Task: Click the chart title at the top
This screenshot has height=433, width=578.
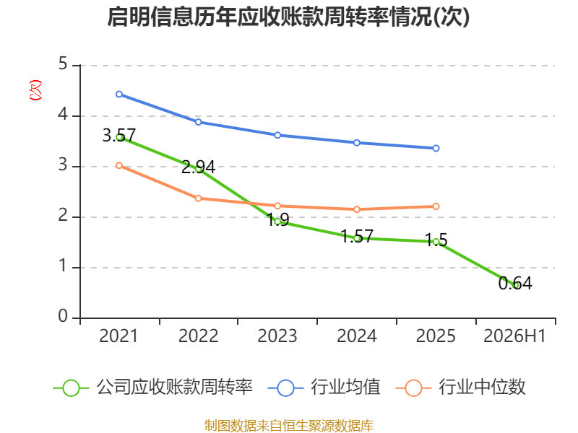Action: pyautogui.click(x=288, y=17)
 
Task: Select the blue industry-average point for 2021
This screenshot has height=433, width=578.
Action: pyautogui.click(x=119, y=95)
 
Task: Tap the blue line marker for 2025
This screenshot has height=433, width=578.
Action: pyautogui.click(x=436, y=148)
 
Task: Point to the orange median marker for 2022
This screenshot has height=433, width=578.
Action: pyautogui.click(x=198, y=198)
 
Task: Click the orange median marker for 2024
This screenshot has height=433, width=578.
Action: pyautogui.click(x=357, y=209)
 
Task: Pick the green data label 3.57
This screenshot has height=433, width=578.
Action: pyautogui.click(x=119, y=136)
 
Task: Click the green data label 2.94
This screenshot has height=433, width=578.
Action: pyautogui.click(x=198, y=167)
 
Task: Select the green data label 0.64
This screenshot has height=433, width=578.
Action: pyautogui.click(x=515, y=283)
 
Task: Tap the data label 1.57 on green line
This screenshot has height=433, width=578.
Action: pyautogui.click(x=357, y=236)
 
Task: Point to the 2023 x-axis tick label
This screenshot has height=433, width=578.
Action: pyautogui.click(x=277, y=336)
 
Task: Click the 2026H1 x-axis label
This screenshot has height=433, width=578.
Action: pyautogui.click(x=514, y=336)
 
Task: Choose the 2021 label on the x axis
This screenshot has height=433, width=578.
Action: pyautogui.click(x=118, y=336)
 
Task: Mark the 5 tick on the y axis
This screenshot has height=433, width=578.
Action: pyautogui.click(x=63, y=64)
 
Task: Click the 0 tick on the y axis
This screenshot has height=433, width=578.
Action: pyautogui.click(x=63, y=316)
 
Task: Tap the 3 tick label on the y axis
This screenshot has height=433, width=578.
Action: pyautogui.click(x=63, y=165)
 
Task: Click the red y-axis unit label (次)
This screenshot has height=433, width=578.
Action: pyautogui.click(x=35, y=90)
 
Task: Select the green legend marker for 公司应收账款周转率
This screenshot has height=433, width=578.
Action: pyautogui.click(x=71, y=388)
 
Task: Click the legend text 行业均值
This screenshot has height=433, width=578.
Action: pyautogui.click(x=345, y=387)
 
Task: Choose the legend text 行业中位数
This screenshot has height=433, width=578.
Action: pyautogui.click(x=482, y=387)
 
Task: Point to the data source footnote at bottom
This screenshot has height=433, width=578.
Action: pyautogui.click(x=289, y=425)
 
